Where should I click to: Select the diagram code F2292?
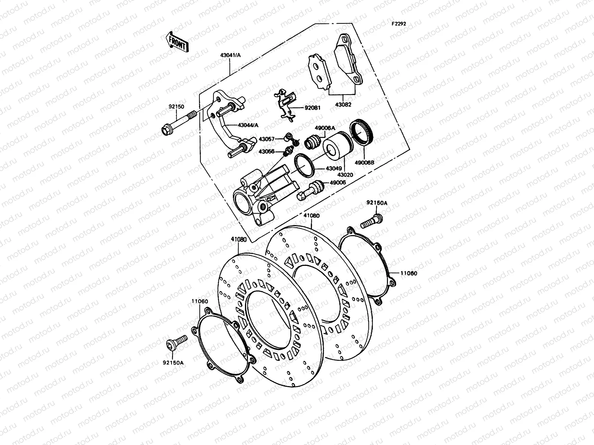point(398,23)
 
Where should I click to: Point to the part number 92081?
point(313,108)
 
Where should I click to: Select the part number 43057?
point(267,139)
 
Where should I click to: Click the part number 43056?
point(267,151)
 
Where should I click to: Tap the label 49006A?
point(325,128)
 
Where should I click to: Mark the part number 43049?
point(334,168)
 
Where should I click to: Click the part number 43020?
point(344,174)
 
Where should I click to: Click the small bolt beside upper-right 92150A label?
point(371,221)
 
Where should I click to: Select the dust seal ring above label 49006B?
point(362,132)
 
